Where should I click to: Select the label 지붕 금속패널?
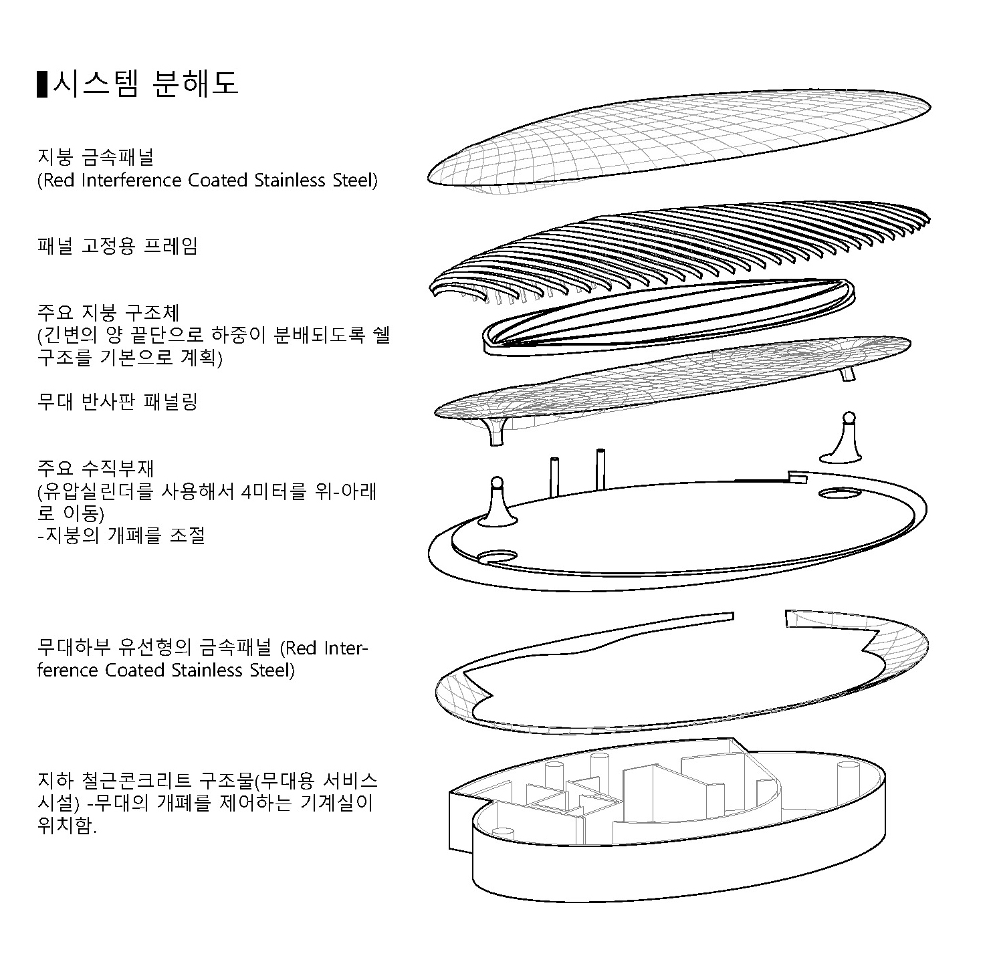tap(96, 157)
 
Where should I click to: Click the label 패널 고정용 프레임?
tap(118, 246)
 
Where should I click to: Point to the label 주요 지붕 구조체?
tap(108, 312)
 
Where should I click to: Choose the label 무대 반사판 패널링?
tap(118, 402)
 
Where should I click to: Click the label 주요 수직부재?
tap(96, 468)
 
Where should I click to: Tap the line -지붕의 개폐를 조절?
tap(121, 535)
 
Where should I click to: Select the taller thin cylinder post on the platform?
tap(600, 471)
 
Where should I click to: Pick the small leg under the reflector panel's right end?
tap(847, 373)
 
